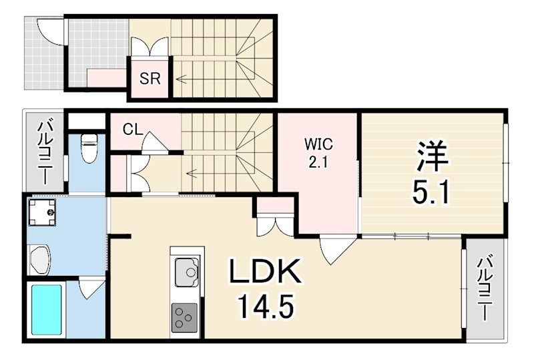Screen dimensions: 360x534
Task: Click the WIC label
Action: click(x=318, y=144)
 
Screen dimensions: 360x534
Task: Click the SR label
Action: click(x=150, y=78)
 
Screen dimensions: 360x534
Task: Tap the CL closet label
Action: click(x=132, y=130)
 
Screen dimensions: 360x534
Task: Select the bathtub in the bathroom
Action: click(x=46, y=311)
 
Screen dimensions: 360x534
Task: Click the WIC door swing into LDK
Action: click(x=332, y=250)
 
